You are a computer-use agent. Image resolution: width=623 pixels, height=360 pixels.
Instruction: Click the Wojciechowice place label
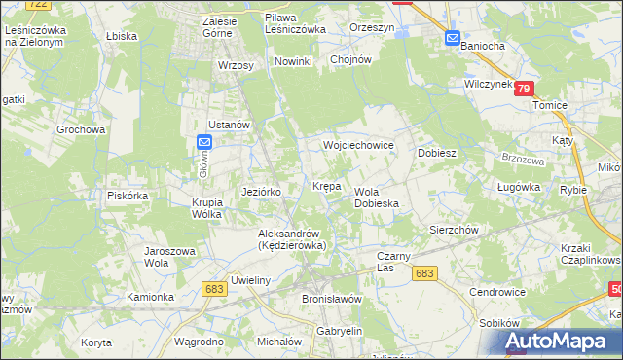click(358, 145)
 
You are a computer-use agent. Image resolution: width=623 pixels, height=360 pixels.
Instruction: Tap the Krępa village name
click(326, 185)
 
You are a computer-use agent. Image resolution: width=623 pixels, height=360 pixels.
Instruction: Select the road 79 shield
click(525, 89)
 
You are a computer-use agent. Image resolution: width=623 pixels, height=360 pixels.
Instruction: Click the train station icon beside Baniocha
click(453, 38)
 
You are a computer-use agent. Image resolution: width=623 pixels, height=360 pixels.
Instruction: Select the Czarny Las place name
click(397, 261)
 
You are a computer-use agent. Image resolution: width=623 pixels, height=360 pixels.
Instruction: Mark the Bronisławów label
click(332, 299)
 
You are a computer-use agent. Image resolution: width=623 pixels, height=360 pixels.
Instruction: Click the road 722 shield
click(38, 5)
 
